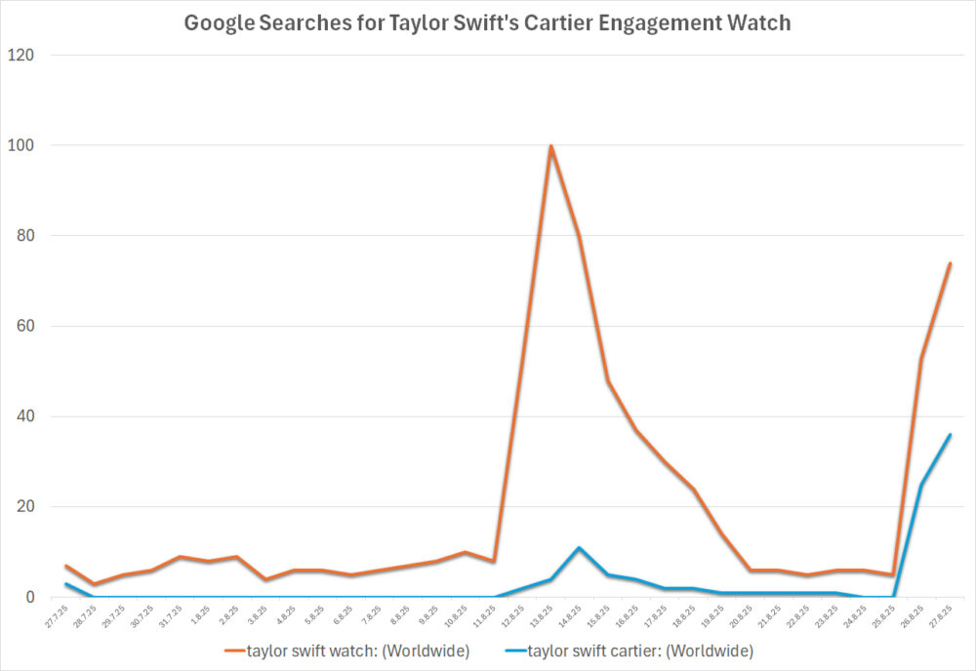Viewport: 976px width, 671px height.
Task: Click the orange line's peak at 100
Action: coord(551,146)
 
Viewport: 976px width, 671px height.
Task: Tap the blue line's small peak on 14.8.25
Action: coord(580,548)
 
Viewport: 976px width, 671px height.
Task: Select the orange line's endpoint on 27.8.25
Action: coord(950,263)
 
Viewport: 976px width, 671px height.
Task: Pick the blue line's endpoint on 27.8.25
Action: coord(950,435)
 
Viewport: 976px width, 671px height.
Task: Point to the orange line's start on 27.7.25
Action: coord(65,566)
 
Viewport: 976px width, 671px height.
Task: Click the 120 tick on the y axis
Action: coord(21,56)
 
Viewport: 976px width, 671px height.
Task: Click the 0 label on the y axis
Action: coord(29,597)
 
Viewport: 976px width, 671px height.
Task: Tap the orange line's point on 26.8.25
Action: coord(921,359)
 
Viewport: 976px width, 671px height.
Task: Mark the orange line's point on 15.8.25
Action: coord(608,380)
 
